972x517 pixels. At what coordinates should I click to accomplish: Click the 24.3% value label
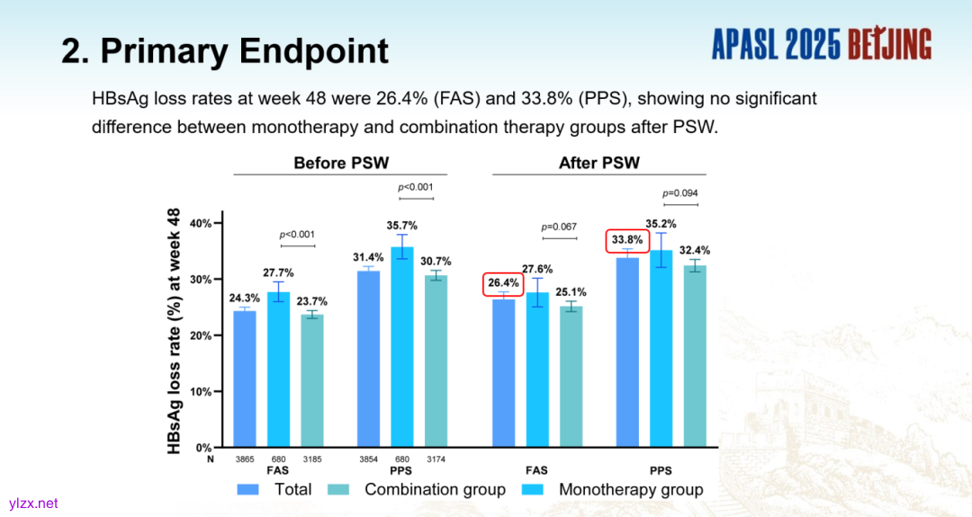tap(245, 298)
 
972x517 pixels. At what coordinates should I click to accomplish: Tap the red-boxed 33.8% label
tap(626, 241)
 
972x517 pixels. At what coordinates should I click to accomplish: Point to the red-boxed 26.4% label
tap(503, 283)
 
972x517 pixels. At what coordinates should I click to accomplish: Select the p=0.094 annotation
tap(680, 192)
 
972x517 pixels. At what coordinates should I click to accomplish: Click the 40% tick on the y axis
tap(199, 223)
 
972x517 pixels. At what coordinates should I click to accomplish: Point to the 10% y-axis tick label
tap(199, 391)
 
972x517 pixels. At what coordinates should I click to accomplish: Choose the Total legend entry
tap(274, 490)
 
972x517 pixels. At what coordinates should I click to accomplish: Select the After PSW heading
tap(598, 163)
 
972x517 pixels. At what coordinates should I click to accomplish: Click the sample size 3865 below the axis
tap(245, 459)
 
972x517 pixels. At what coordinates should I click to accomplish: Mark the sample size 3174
tap(436, 459)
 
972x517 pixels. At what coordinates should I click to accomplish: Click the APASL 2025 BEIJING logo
tap(821, 44)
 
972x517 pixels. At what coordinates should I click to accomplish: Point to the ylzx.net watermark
tap(33, 504)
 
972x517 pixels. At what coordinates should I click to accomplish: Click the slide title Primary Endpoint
tap(225, 50)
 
